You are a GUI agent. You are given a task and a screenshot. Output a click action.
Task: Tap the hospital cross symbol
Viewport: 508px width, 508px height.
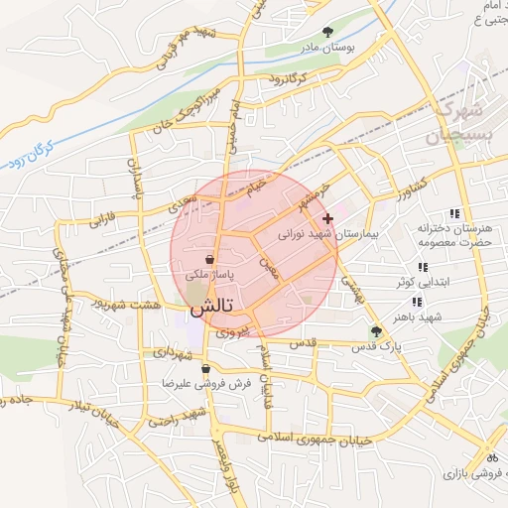tap(328, 217)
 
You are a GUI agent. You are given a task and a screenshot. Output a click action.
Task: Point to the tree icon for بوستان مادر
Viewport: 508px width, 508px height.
tap(328, 32)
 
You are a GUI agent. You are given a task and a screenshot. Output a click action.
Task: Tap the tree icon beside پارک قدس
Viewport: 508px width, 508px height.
tap(376, 331)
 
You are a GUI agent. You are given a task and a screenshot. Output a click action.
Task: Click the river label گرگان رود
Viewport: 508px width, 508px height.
tap(30, 154)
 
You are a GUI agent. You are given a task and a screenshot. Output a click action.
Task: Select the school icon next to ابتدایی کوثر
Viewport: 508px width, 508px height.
tap(424, 267)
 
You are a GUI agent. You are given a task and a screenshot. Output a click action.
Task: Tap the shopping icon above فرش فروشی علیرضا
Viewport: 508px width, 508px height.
tap(205, 369)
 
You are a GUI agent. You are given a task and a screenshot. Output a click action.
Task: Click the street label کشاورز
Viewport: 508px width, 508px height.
tap(409, 188)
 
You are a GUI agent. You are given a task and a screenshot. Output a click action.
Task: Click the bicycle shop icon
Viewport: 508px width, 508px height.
tap(490, 457)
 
